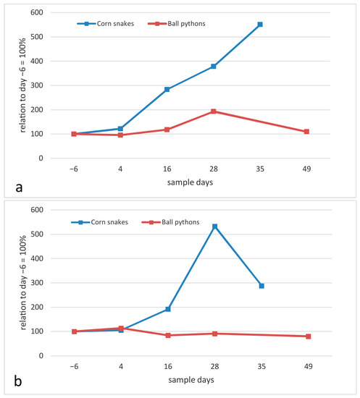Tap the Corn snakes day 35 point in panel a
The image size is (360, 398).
tap(260, 25)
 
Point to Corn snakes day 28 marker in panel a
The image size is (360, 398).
tap(214, 67)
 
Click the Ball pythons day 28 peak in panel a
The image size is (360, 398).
tap(214, 111)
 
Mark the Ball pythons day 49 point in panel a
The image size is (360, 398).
tap(306, 132)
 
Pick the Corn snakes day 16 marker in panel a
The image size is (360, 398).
tap(167, 89)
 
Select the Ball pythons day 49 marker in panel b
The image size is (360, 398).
tap(306, 336)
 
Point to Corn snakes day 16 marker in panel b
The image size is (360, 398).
tap(167, 309)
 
